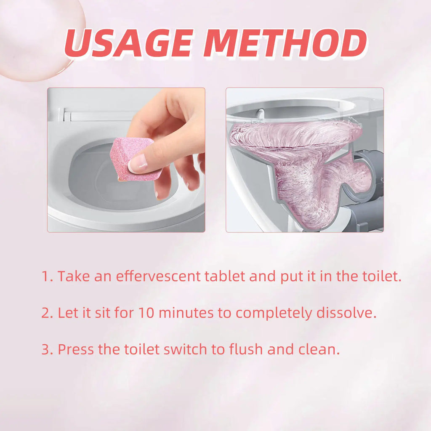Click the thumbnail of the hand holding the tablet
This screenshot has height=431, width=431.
(x=126, y=160)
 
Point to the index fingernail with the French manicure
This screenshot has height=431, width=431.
(x=137, y=163)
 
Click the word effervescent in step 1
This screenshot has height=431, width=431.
(x=158, y=277)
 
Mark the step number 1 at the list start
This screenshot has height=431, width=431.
(x=46, y=277)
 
